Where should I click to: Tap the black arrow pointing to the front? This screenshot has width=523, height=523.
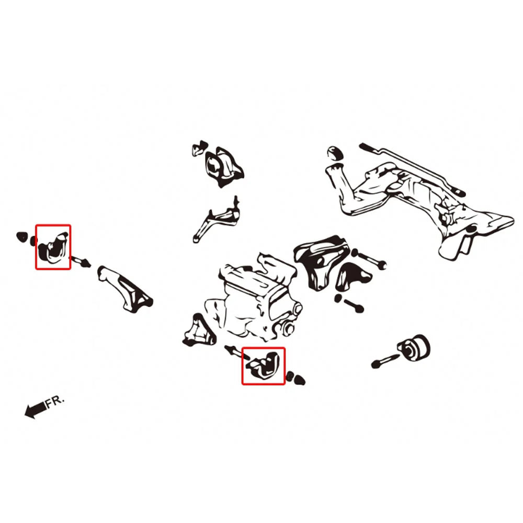coord(36,409)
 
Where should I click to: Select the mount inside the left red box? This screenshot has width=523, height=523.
coord(53,247)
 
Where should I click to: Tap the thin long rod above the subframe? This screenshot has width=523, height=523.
coord(412,169)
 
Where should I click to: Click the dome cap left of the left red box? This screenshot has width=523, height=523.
coord(21,237)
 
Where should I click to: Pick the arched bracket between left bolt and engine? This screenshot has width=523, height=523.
coord(125,289)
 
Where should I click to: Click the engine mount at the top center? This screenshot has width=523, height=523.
coord(223,167)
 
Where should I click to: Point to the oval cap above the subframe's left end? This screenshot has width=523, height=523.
coord(335,153)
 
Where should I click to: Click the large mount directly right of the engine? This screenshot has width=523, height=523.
coord(320,262)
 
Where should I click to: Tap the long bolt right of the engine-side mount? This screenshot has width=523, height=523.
coord(369,259)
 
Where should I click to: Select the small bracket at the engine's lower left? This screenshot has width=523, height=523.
coord(199,330)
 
